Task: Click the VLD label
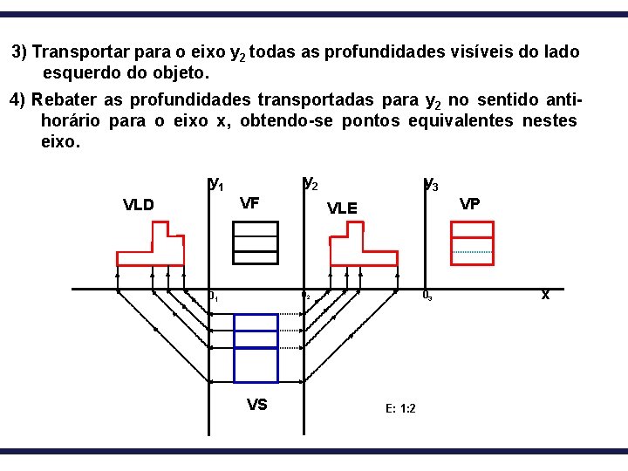tap(139, 206)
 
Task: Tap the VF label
tap(249, 204)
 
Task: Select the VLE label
tap(342, 208)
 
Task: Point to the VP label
tap(469, 204)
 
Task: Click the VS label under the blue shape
tap(256, 404)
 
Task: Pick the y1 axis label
tap(216, 183)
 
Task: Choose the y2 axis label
tap(310, 183)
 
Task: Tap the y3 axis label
tap(430, 183)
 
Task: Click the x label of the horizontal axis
tap(545, 295)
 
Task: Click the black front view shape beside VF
tap(256, 242)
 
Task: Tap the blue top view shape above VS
tap(256, 347)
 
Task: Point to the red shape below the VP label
tap(472, 242)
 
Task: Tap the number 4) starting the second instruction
tap(18, 99)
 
